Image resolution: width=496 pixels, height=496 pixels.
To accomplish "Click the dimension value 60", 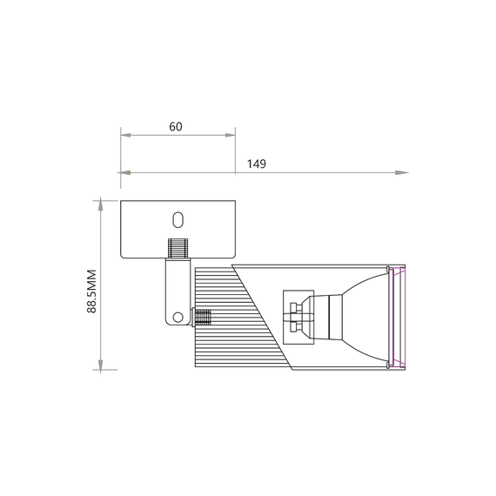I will [x=176, y=126].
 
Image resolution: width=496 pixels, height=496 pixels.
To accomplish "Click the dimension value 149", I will [x=256, y=164].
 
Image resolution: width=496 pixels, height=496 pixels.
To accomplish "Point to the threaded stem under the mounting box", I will [x=178, y=248].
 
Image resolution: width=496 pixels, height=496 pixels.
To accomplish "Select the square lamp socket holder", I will [x=297, y=315].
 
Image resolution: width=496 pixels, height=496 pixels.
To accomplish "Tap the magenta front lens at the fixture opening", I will [x=399, y=316].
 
